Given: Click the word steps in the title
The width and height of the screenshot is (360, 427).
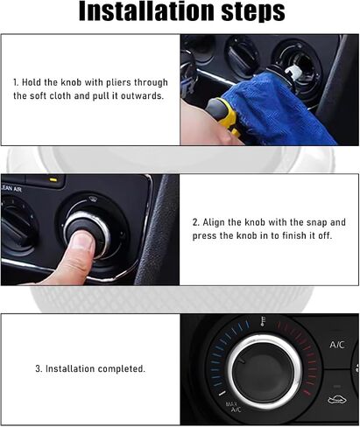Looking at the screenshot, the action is (253, 12).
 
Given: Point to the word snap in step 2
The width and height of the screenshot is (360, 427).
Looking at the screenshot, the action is (316, 222).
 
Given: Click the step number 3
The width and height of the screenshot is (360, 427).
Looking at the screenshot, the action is (39, 368).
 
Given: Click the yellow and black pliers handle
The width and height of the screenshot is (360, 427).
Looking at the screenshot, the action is (223, 115).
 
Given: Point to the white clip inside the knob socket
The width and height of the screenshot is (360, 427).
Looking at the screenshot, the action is (293, 72).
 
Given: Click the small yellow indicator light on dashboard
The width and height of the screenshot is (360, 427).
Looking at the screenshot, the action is (53, 179).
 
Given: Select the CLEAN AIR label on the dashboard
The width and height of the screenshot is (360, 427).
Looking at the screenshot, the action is (11, 189).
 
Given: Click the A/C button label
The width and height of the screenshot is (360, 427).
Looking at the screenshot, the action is (337, 345).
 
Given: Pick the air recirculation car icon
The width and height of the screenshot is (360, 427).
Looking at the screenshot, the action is (337, 400).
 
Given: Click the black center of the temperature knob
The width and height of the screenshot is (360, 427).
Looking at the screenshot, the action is (264, 371).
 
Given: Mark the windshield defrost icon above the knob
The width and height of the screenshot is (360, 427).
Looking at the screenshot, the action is (93, 199).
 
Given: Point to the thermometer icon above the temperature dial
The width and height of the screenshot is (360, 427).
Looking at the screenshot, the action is (263, 321).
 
